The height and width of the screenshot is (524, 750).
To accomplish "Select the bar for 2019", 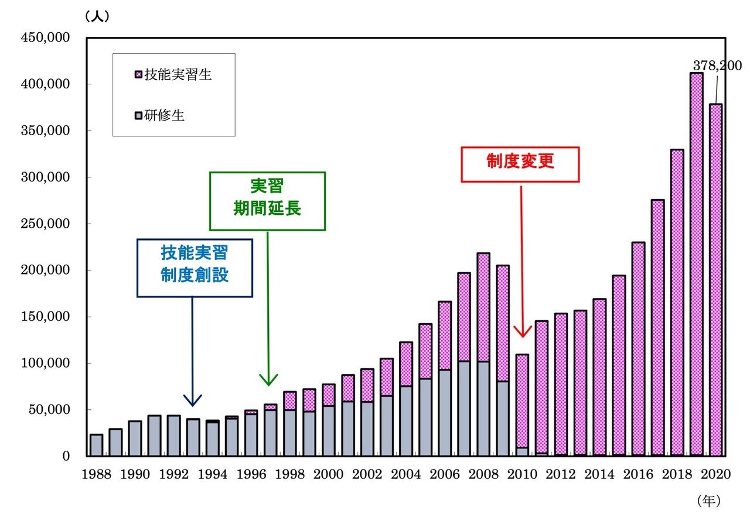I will click(696, 263).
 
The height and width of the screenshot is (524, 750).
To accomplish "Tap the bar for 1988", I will click(96, 445).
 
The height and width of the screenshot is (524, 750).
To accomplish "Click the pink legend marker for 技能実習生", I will click(138, 75).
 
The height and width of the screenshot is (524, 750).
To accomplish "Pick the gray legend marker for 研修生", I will click(138, 116).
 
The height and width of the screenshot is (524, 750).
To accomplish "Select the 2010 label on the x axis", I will click(521, 474).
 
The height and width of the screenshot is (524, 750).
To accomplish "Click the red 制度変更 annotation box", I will click(520, 164).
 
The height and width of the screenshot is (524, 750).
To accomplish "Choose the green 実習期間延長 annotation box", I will click(267, 201).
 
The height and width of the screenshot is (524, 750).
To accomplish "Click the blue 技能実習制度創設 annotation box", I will click(195, 268).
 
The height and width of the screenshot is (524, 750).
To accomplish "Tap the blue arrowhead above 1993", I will click(193, 400).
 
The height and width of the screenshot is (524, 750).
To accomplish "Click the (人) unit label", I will click(97, 17).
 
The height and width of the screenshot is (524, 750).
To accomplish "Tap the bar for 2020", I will click(715, 281).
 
